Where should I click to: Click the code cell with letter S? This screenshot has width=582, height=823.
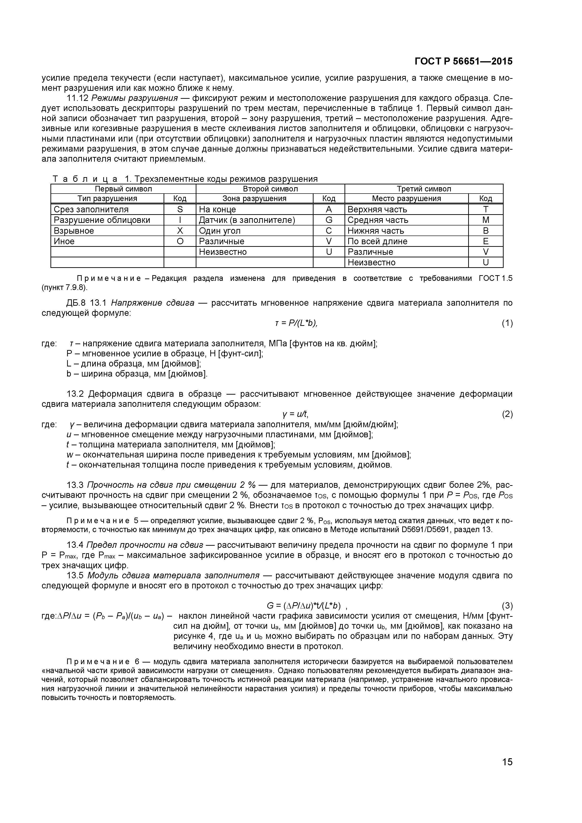[x=180, y=209]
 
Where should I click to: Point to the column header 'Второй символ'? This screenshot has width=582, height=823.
[x=270, y=189]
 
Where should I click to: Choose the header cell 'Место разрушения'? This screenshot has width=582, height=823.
[x=406, y=198]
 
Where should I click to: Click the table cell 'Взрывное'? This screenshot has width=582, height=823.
[x=74, y=230]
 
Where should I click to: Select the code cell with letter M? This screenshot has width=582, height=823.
[x=486, y=220]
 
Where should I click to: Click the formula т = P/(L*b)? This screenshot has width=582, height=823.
[x=296, y=323]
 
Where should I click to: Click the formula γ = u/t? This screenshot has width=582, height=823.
[x=295, y=414]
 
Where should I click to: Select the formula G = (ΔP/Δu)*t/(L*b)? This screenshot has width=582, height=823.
[x=303, y=606]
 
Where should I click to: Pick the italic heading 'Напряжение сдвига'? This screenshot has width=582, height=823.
[x=153, y=303]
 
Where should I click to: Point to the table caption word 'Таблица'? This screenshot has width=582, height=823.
[x=85, y=179]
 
